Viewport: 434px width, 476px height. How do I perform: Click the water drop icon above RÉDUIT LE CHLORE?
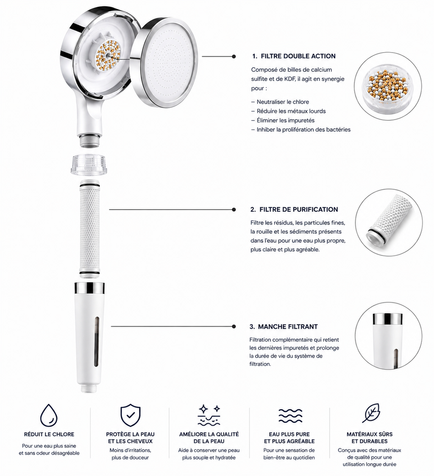click(49, 415)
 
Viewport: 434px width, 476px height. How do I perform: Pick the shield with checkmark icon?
click(130, 415)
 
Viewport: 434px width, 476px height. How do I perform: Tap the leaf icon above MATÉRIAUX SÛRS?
click(371, 413)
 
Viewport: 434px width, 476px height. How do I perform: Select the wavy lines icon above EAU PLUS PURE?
click(290, 415)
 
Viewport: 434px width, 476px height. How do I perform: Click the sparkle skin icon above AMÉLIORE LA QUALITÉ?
click(209, 415)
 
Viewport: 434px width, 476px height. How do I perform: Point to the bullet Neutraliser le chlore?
click(280, 102)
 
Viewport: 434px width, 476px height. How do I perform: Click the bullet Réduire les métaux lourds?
click(289, 111)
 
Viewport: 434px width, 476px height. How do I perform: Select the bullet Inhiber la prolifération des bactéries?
click(301, 130)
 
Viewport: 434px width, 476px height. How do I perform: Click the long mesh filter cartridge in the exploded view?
click(89, 228)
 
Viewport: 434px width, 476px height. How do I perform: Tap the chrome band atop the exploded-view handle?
click(89, 288)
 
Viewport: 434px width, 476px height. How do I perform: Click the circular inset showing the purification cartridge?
click(389, 223)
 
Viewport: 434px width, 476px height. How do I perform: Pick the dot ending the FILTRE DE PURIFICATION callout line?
click(234, 210)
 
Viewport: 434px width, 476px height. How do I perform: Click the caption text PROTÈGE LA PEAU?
click(130, 434)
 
